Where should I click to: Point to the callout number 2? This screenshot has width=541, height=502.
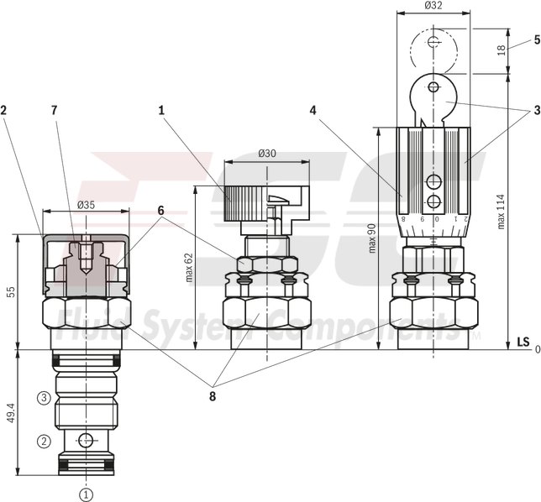coord(5,109)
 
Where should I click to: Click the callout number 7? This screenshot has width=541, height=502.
coord(55,109)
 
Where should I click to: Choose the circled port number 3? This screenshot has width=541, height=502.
coord(39,397)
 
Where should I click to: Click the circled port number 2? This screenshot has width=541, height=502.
coord(39,438)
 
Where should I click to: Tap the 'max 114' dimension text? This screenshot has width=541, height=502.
coord(502,211)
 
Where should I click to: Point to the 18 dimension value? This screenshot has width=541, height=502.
coord(502,51)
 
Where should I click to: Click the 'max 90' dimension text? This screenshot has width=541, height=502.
coord(372,238)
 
